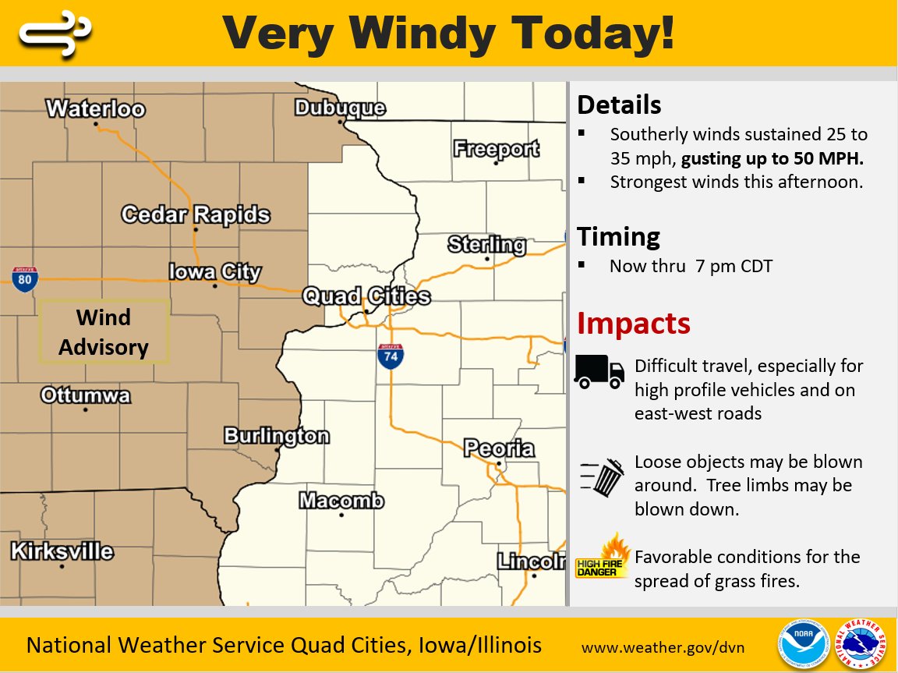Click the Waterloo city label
[x=95, y=108]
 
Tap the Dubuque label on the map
[x=340, y=108]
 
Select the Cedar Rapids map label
[x=196, y=214]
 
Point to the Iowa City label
[x=215, y=272]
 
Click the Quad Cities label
[x=366, y=296]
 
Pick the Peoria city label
[x=499, y=448]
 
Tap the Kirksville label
[x=62, y=551]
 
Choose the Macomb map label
[x=341, y=500]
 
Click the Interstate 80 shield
[x=25, y=279]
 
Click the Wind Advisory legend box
[x=104, y=331]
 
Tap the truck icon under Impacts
[x=599, y=371]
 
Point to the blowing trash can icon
[x=603, y=476]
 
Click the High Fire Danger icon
[x=603, y=557]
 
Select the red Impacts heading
[x=633, y=323]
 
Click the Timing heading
[x=618, y=236]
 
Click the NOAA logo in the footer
[x=801, y=645]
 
